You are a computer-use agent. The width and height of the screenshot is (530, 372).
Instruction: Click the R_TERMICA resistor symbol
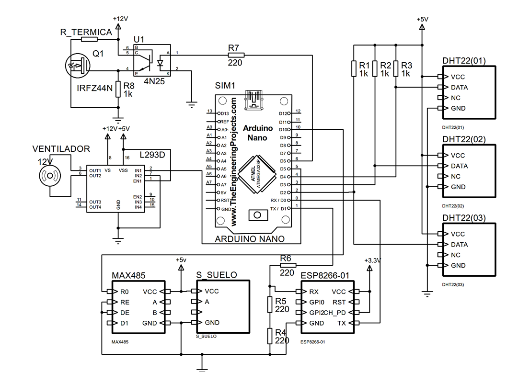tap(90, 40)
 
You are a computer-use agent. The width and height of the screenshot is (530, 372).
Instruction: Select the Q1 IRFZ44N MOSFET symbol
tap(77, 66)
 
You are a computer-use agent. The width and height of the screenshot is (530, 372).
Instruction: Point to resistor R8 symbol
tap(118, 90)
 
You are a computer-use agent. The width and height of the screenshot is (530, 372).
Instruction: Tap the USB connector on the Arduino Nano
tap(254, 100)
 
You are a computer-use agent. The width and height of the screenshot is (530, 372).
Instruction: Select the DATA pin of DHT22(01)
tap(459, 87)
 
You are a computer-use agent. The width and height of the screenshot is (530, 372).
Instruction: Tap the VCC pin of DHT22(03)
tap(458, 234)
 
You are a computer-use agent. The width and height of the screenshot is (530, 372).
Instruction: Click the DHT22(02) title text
tap(464, 139)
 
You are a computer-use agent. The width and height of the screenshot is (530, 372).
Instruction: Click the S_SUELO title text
tap(217, 275)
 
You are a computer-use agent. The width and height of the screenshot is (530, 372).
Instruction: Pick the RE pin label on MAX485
tap(125, 302)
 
